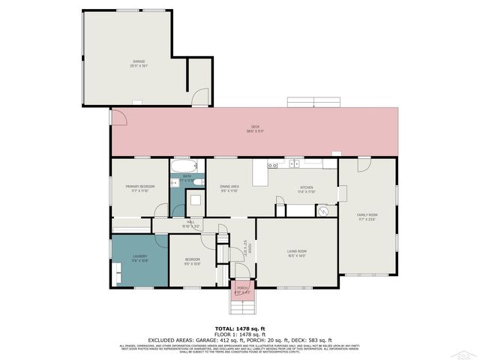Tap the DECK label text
click(254, 129)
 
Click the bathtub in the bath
click(184, 167)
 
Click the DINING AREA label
click(229, 189)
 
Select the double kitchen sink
click(295, 163)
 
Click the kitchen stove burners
click(274, 164)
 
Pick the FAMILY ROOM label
click(367, 217)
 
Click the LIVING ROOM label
click(297, 253)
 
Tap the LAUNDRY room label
click(139, 259)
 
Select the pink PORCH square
click(242, 289)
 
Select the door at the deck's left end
click(115, 117)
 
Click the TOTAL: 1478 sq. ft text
click(239, 328)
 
